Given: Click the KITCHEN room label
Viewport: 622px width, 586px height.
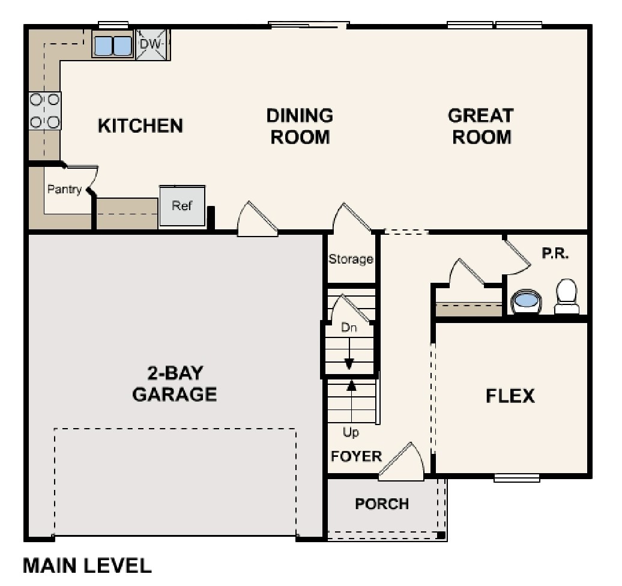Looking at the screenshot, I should pyautogui.click(x=140, y=126).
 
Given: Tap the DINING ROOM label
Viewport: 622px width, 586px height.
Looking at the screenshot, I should pyautogui.click(x=300, y=126).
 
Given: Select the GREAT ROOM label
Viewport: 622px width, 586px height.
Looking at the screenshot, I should pyautogui.click(x=481, y=126).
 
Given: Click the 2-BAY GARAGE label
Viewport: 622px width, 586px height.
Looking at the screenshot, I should pyautogui.click(x=174, y=384).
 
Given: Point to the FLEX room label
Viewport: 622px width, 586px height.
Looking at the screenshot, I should pyautogui.click(x=510, y=396).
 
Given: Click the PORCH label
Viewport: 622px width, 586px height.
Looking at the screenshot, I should pyautogui.click(x=382, y=504).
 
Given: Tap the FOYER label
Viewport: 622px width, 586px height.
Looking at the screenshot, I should pyautogui.click(x=356, y=456).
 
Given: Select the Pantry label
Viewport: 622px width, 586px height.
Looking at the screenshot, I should pyautogui.click(x=64, y=190).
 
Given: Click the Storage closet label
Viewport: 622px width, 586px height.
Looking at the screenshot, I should pyautogui.click(x=351, y=259).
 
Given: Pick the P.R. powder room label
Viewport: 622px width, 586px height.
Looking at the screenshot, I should pyautogui.click(x=555, y=253).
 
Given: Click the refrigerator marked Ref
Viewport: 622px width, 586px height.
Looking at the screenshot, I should pyautogui.click(x=182, y=206).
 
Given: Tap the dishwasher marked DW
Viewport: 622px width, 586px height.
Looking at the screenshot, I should pyautogui.click(x=152, y=44).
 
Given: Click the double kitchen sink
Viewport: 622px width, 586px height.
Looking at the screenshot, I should pyautogui.click(x=112, y=45).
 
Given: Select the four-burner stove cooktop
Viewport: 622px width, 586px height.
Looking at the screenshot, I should pyautogui.click(x=45, y=111).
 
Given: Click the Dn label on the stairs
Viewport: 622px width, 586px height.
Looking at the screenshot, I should pyautogui.click(x=349, y=328).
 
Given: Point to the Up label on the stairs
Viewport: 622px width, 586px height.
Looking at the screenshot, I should pyautogui.click(x=351, y=432).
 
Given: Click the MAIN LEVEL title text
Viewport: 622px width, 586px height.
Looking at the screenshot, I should pyautogui.click(x=87, y=566).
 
